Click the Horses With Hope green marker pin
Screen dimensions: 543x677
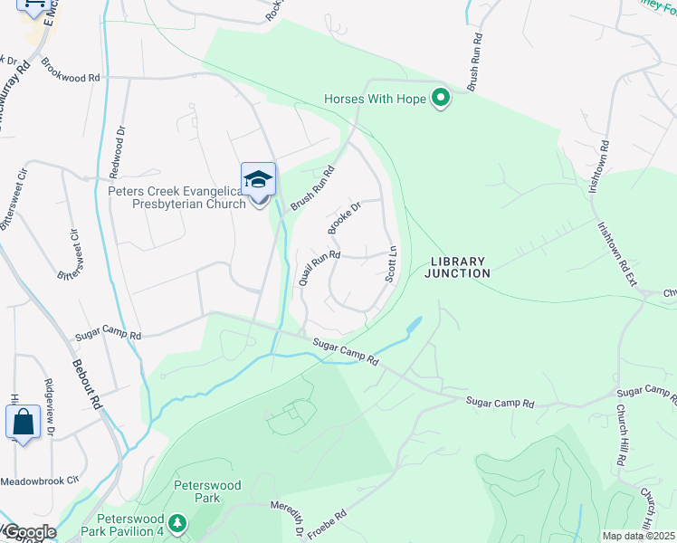pos(440,98)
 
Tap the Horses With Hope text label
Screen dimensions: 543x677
pos(376,99)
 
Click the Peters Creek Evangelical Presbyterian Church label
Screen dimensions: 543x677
pos(176,197)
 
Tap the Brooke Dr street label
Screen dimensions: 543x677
pos(345,218)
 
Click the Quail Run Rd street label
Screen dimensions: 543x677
pos(319,268)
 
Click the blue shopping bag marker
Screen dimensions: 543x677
pos(22,424)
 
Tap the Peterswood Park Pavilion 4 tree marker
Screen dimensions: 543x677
pos(178,522)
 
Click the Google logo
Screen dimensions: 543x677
pos(29,532)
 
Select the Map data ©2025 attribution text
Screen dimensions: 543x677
pos(638,536)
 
